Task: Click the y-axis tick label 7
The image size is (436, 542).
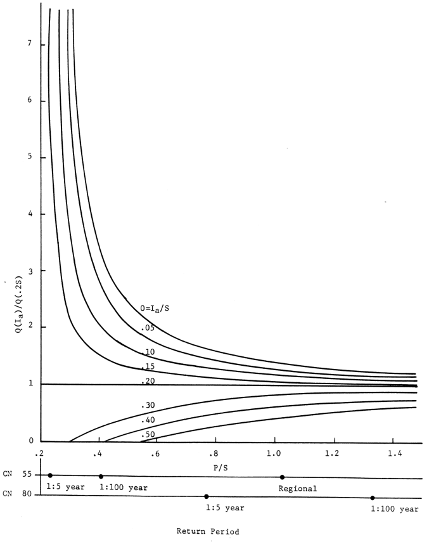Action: point(23,45)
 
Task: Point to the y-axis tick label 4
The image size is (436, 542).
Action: point(23,214)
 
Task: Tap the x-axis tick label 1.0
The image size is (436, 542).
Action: point(274,455)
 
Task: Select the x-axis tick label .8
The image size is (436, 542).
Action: point(215,455)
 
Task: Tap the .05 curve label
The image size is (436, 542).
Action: point(149,328)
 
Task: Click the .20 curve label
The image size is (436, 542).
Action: point(149,381)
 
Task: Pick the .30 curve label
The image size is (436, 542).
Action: point(149,404)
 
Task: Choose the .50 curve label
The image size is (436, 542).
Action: point(149,434)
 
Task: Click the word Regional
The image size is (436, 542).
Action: point(298,489)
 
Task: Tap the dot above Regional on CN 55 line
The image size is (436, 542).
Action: point(282,477)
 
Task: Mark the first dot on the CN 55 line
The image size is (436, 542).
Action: point(50,475)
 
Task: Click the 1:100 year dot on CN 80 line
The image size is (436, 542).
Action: point(373,498)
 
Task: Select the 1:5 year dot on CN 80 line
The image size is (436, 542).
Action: point(206,496)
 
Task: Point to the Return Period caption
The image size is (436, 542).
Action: point(208,532)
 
